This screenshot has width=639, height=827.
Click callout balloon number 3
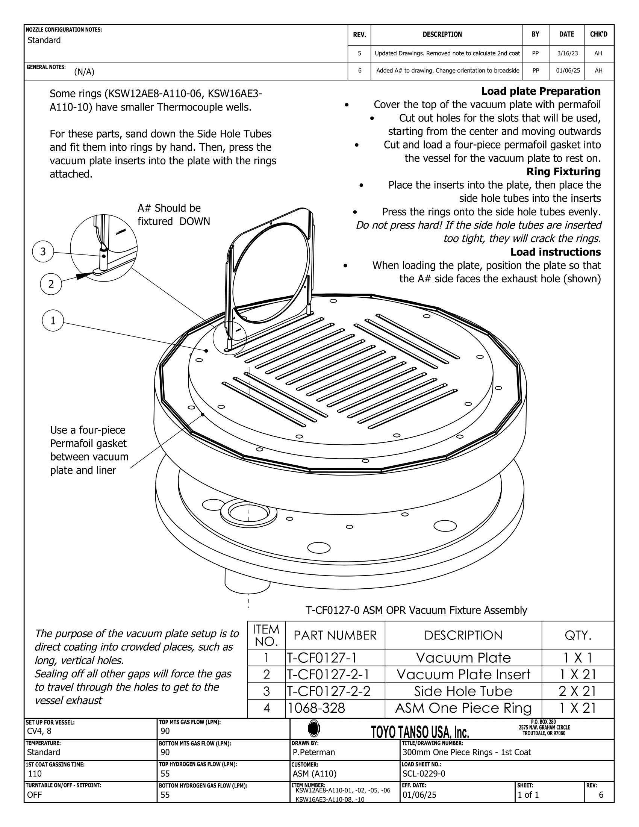click(x=43, y=251)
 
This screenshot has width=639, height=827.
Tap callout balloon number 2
click(x=51, y=284)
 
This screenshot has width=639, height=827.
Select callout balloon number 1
click(x=53, y=321)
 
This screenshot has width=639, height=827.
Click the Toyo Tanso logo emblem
click(x=314, y=728)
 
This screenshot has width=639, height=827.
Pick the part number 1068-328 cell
click(x=317, y=708)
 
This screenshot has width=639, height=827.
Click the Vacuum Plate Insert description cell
click(x=463, y=674)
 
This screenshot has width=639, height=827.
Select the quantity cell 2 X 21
click(x=577, y=691)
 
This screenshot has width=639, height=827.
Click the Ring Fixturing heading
click(x=563, y=171)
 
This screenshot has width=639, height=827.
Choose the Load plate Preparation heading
click(x=541, y=91)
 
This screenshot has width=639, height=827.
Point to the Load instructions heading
click(x=555, y=252)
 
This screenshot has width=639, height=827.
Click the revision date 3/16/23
click(x=567, y=53)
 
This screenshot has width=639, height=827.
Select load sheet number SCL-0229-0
click(x=424, y=773)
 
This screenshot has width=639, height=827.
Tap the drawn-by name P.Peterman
click(x=314, y=752)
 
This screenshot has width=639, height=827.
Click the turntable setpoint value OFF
click(x=35, y=794)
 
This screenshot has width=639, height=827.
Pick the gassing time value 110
click(x=35, y=773)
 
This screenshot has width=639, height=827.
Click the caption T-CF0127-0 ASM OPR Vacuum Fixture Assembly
click(x=416, y=610)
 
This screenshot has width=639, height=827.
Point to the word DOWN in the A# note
click(x=195, y=221)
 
